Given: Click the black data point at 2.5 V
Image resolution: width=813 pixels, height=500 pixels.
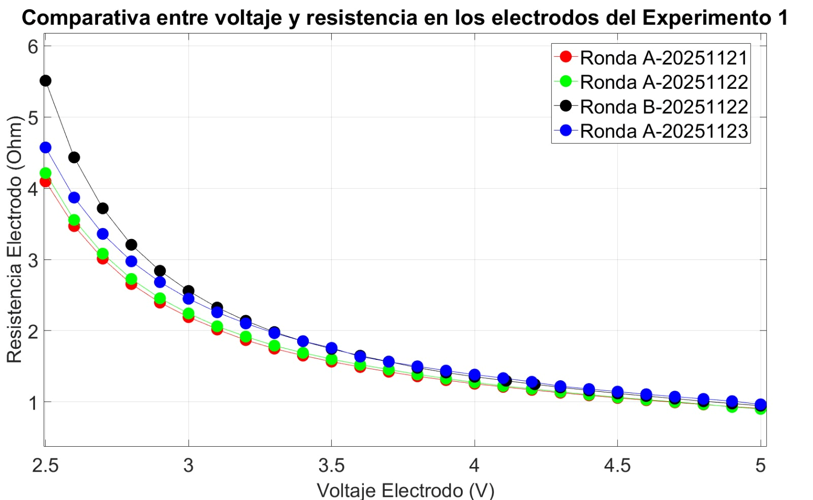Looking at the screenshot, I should click(x=45, y=81).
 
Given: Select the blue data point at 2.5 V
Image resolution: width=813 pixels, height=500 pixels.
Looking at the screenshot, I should click(x=45, y=148).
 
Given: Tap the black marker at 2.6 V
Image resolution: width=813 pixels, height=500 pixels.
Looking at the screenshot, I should click(x=74, y=157).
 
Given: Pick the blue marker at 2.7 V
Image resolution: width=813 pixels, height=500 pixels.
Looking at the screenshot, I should click(x=103, y=234).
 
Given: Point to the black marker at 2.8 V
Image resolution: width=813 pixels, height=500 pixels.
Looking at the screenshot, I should click(x=131, y=245).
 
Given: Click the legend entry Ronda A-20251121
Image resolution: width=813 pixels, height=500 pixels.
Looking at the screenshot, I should click(x=664, y=58).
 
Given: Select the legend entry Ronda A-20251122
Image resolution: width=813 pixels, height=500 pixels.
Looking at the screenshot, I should click(x=664, y=82).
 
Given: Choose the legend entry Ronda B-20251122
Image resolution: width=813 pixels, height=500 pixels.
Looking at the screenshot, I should click(x=664, y=107).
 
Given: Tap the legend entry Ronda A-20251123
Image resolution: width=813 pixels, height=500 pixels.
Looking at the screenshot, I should click(x=664, y=131).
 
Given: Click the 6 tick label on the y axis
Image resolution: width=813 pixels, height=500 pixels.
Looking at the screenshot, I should click(x=33, y=47).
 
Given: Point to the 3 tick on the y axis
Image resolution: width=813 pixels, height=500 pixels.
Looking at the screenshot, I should click(x=33, y=260).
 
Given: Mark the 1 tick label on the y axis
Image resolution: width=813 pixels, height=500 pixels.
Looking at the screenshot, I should click(x=33, y=403).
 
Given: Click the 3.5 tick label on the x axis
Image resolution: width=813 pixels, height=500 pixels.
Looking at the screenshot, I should click(x=331, y=465).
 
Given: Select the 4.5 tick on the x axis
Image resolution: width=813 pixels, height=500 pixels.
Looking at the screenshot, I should click(x=617, y=465).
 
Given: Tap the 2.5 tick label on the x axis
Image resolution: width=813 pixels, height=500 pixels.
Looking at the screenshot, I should click(x=45, y=465).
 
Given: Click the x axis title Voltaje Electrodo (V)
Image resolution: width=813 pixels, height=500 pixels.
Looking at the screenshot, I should click(x=405, y=490).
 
